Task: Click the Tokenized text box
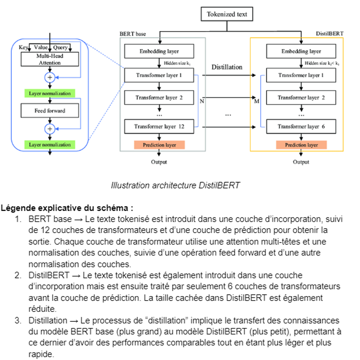coord(227,14)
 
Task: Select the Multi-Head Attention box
coord(49,59)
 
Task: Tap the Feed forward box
coord(49,111)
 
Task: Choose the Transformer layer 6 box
coord(301,127)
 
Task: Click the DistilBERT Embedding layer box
coord(301,51)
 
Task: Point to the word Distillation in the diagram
coord(227,67)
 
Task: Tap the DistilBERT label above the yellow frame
coord(330,34)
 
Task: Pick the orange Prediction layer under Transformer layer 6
coord(301,145)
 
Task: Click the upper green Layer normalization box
coord(49,94)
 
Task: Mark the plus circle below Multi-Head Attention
coord(50,77)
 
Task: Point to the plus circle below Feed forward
coord(50,129)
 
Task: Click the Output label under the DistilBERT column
coord(301,162)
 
